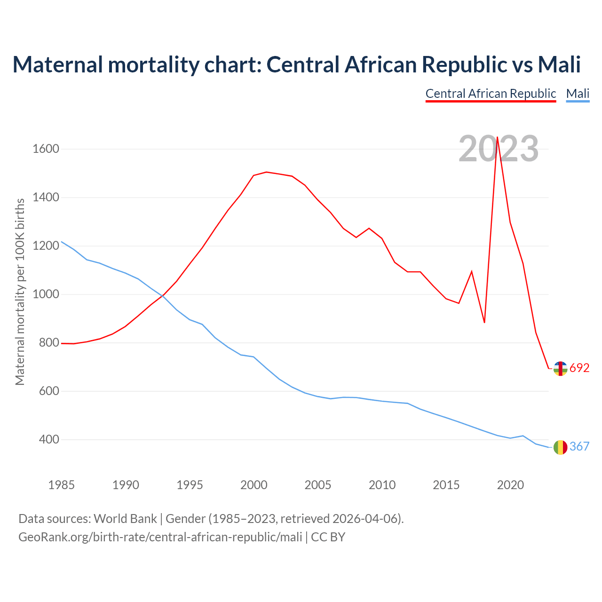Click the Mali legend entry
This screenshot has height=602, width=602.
coord(578,94)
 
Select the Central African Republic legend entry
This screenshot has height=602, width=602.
coord(491,94)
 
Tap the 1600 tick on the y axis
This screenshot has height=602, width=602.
coord(46,149)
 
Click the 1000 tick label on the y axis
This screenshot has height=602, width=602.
coord(46,294)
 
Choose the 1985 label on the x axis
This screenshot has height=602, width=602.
coord(62,485)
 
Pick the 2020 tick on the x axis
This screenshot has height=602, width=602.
coord(510,485)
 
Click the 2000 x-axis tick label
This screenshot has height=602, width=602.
coord(254,485)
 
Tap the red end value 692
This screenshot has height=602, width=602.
coord(579,368)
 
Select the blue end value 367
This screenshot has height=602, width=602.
coord(579,447)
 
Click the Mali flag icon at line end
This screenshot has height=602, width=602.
coord(560,447)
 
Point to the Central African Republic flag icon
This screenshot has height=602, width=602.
coord(560,369)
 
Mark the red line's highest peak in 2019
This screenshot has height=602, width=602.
coord(497,137)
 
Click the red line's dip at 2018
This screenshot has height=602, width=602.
coord(484,322)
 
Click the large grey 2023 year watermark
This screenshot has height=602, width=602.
coord(499,149)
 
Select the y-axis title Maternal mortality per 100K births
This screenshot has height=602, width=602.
coord(20,292)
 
